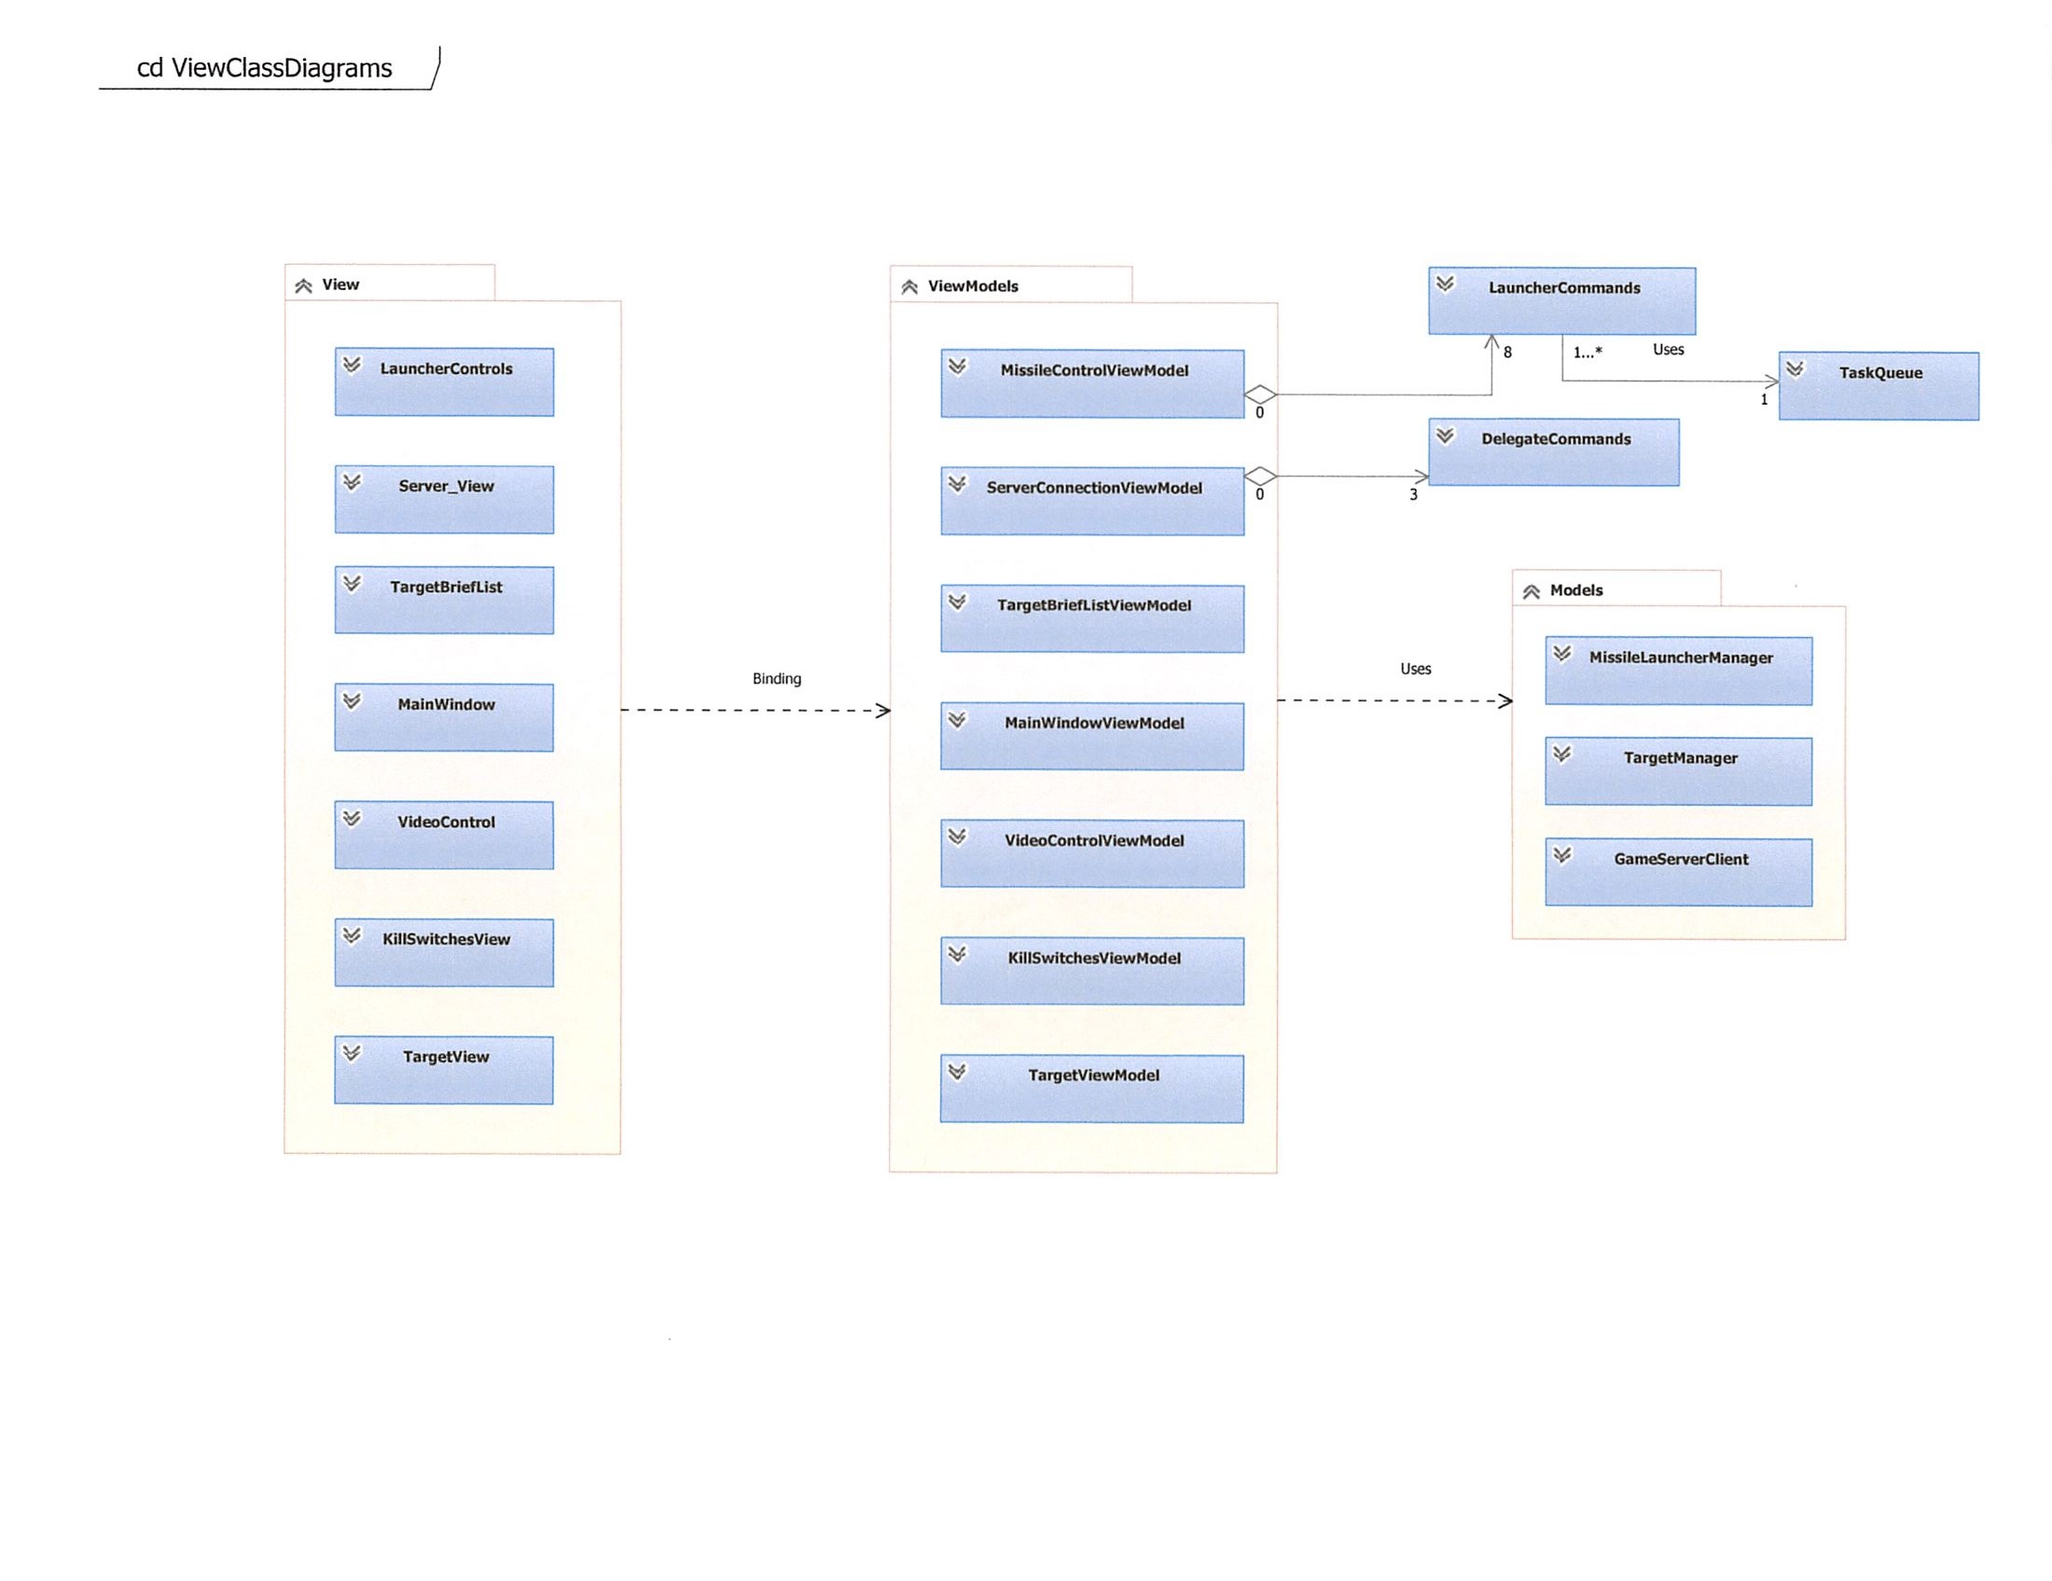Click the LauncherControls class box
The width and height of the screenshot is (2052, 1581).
pyautogui.click(x=444, y=381)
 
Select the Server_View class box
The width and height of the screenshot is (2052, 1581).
pyautogui.click(x=444, y=499)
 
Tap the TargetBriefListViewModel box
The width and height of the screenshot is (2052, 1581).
pyautogui.click(x=1092, y=618)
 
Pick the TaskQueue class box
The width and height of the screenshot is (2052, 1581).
pyautogui.click(x=1879, y=385)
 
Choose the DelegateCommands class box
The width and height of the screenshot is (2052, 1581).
pyautogui.click(x=1553, y=451)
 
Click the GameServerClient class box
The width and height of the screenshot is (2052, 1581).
pyautogui.click(x=1678, y=872)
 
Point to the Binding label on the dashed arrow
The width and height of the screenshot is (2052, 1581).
pyautogui.click(x=776, y=678)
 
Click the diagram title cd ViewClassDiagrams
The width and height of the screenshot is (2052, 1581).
pyautogui.click(x=264, y=69)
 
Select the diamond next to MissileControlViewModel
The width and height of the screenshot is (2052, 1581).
pyautogui.click(x=1259, y=395)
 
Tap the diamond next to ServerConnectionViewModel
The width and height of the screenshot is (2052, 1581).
pyautogui.click(x=1259, y=476)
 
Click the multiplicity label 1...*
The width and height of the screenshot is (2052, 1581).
pyautogui.click(x=1588, y=353)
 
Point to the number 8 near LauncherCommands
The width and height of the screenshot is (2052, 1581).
pyautogui.click(x=1507, y=353)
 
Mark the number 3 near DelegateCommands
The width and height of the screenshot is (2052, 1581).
pyautogui.click(x=1412, y=494)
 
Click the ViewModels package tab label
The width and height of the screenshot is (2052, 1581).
pyautogui.click(x=973, y=286)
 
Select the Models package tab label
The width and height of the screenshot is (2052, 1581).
pyautogui.click(x=1575, y=589)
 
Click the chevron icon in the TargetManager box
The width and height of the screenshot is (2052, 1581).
pyautogui.click(x=1561, y=754)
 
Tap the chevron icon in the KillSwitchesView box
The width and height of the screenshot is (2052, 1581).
pyautogui.click(x=352, y=935)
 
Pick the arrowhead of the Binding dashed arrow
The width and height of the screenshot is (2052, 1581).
pyautogui.click(x=883, y=710)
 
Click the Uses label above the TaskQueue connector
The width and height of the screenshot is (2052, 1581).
pyautogui.click(x=1668, y=350)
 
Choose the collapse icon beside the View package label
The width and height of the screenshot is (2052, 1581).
pyautogui.click(x=302, y=285)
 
